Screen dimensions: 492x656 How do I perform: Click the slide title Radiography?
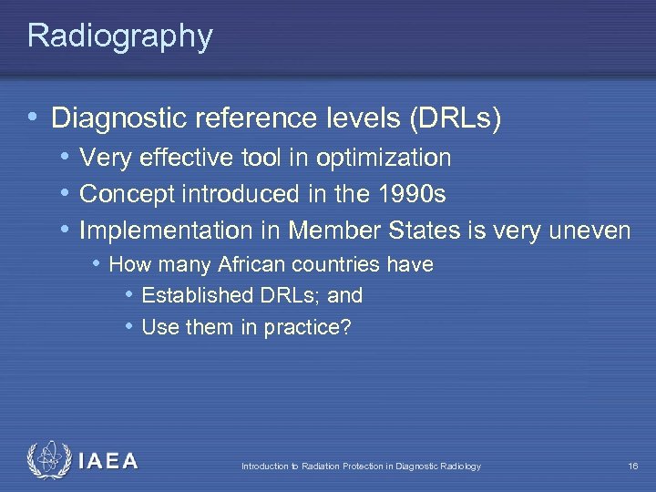119,36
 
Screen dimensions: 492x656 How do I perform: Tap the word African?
261,265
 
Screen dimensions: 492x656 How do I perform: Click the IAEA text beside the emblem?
108,461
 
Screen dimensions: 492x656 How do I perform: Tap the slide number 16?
632,466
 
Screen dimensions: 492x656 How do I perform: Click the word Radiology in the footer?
460,466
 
